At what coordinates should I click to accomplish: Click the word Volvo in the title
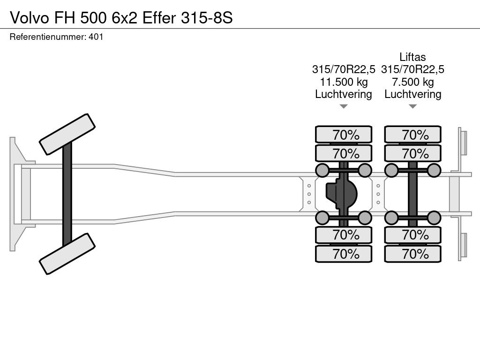click(29, 18)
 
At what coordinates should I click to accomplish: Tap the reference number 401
click(96, 37)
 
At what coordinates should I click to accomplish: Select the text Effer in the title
click(159, 18)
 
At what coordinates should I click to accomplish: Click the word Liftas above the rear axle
click(412, 57)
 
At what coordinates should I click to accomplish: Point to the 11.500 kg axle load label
click(344, 82)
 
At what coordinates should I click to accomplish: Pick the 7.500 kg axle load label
click(412, 82)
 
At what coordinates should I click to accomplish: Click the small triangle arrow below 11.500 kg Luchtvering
click(344, 106)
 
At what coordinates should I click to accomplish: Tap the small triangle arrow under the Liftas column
click(412, 106)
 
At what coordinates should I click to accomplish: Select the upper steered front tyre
click(67, 135)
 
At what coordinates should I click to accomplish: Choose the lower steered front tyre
click(67, 254)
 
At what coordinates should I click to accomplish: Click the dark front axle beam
click(67, 194)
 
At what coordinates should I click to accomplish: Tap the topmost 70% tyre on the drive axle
click(344, 135)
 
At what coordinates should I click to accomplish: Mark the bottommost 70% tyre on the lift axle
click(412, 254)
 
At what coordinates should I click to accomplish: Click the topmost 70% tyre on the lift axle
click(412, 135)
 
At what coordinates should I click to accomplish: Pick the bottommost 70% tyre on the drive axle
click(344, 254)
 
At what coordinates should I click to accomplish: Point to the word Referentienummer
click(48, 37)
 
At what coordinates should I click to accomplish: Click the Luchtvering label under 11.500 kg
click(344, 94)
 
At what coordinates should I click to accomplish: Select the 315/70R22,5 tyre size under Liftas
click(412, 69)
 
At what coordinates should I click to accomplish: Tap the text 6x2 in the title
click(125, 18)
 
